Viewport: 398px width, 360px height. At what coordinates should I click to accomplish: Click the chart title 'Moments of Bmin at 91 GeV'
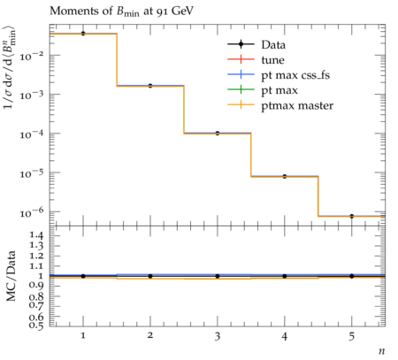click(121, 11)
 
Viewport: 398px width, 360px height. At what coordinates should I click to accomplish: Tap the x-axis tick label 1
click(83, 335)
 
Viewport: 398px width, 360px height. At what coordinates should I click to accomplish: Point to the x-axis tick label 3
click(218, 336)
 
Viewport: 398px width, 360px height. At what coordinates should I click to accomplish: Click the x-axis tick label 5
click(352, 336)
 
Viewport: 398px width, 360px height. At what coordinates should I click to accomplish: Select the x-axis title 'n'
click(382, 351)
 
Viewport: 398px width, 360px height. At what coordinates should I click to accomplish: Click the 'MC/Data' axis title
click(11, 276)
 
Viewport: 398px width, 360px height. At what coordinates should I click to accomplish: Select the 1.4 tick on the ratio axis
click(36, 235)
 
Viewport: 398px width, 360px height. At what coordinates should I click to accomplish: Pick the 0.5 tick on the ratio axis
click(36, 326)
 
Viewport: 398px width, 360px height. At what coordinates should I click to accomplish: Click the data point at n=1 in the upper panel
click(83, 34)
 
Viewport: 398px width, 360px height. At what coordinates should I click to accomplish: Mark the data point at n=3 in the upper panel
click(218, 134)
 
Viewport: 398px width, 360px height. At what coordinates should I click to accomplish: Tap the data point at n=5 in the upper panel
click(352, 216)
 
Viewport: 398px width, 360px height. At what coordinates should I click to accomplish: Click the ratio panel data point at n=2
click(150, 276)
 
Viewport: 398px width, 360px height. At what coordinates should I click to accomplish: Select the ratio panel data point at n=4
click(285, 276)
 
